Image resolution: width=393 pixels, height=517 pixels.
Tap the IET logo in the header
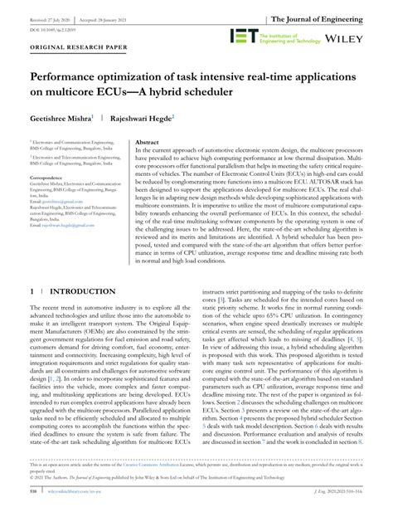[x=245, y=37]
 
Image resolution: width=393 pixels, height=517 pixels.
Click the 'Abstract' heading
[x=148, y=144]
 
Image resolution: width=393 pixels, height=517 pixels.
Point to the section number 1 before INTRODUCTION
[x=32, y=293]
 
